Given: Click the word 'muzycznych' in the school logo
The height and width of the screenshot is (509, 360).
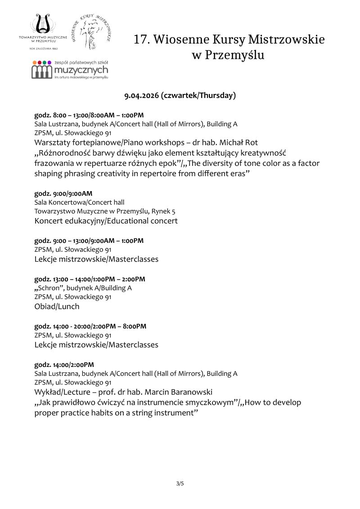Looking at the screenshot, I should click(81, 71).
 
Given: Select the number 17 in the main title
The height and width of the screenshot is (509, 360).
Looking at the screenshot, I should click(141, 40).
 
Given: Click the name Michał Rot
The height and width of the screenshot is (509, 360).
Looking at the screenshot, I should click(247, 142).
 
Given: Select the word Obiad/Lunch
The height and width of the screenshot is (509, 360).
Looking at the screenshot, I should click(57, 306).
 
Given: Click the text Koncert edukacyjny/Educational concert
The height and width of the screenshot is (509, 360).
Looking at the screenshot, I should click(106, 221).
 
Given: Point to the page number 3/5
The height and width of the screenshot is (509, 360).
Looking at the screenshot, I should click(180, 484).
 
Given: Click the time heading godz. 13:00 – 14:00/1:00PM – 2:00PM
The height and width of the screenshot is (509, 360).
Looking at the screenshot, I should click(90, 279).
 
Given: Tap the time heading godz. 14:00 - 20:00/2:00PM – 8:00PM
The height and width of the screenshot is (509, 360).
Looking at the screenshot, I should click(90, 326).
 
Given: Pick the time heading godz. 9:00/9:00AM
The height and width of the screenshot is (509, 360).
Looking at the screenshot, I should click(63, 193).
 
